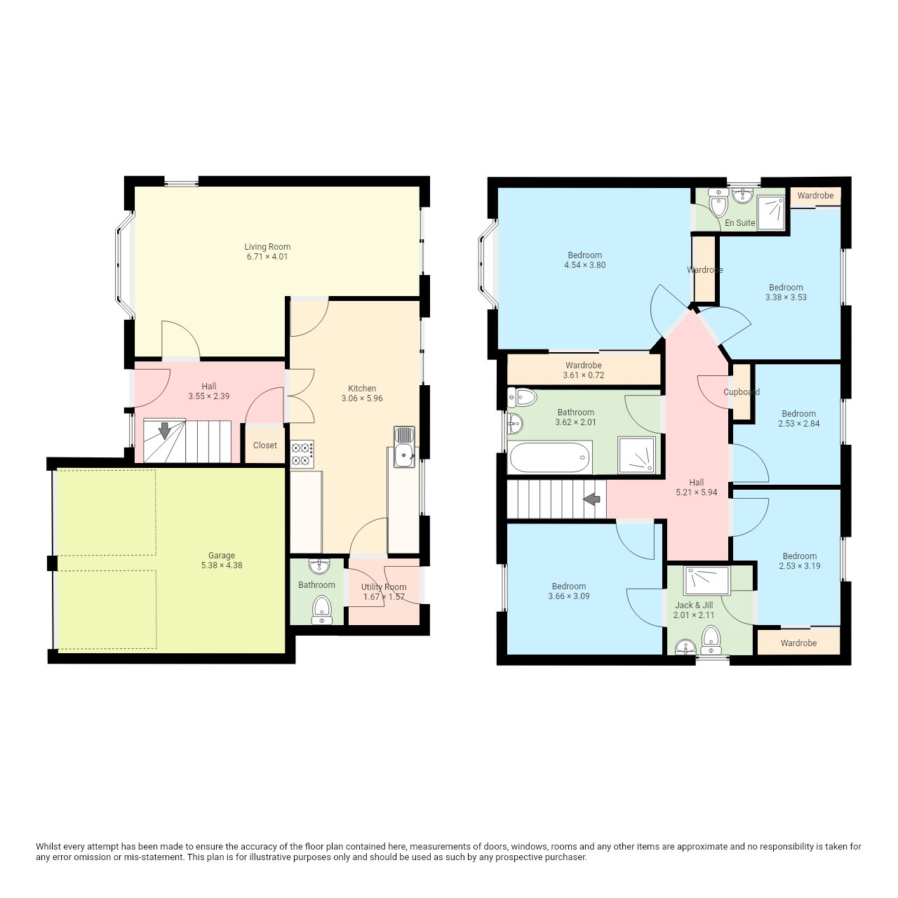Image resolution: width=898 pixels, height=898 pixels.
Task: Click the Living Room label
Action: pyautogui.click(x=267, y=246)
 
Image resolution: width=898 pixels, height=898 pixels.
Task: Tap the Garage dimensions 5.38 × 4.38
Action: pyautogui.click(x=222, y=565)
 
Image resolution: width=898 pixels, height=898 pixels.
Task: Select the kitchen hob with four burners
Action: pyautogui.click(x=302, y=454)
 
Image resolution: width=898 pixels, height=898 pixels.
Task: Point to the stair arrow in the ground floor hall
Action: pyautogui.click(x=164, y=431)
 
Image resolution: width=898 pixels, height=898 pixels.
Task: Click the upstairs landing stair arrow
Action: pyautogui.click(x=591, y=500)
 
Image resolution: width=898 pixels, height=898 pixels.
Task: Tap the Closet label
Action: pyautogui.click(x=264, y=445)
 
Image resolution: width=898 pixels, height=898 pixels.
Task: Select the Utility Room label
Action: pyautogui.click(x=384, y=587)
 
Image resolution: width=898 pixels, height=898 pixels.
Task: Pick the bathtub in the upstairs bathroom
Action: pyautogui.click(x=549, y=457)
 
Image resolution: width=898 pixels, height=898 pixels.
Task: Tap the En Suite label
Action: pyautogui.click(x=739, y=223)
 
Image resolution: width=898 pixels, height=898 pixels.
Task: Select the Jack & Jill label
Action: pyautogui.click(x=694, y=605)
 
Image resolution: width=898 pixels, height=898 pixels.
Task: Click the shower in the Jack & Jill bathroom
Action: pyautogui.click(x=706, y=580)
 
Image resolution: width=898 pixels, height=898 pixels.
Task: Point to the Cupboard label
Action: pyautogui.click(x=742, y=392)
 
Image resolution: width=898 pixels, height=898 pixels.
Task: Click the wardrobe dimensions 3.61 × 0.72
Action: pyautogui.click(x=584, y=375)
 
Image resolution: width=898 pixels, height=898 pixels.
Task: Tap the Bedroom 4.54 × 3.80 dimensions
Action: pyautogui.click(x=585, y=265)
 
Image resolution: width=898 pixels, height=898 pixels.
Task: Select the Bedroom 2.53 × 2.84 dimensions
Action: pyautogui.click(x=799, y=424)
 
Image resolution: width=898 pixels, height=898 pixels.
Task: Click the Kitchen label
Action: pyautogui.click(x=362, y=388)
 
